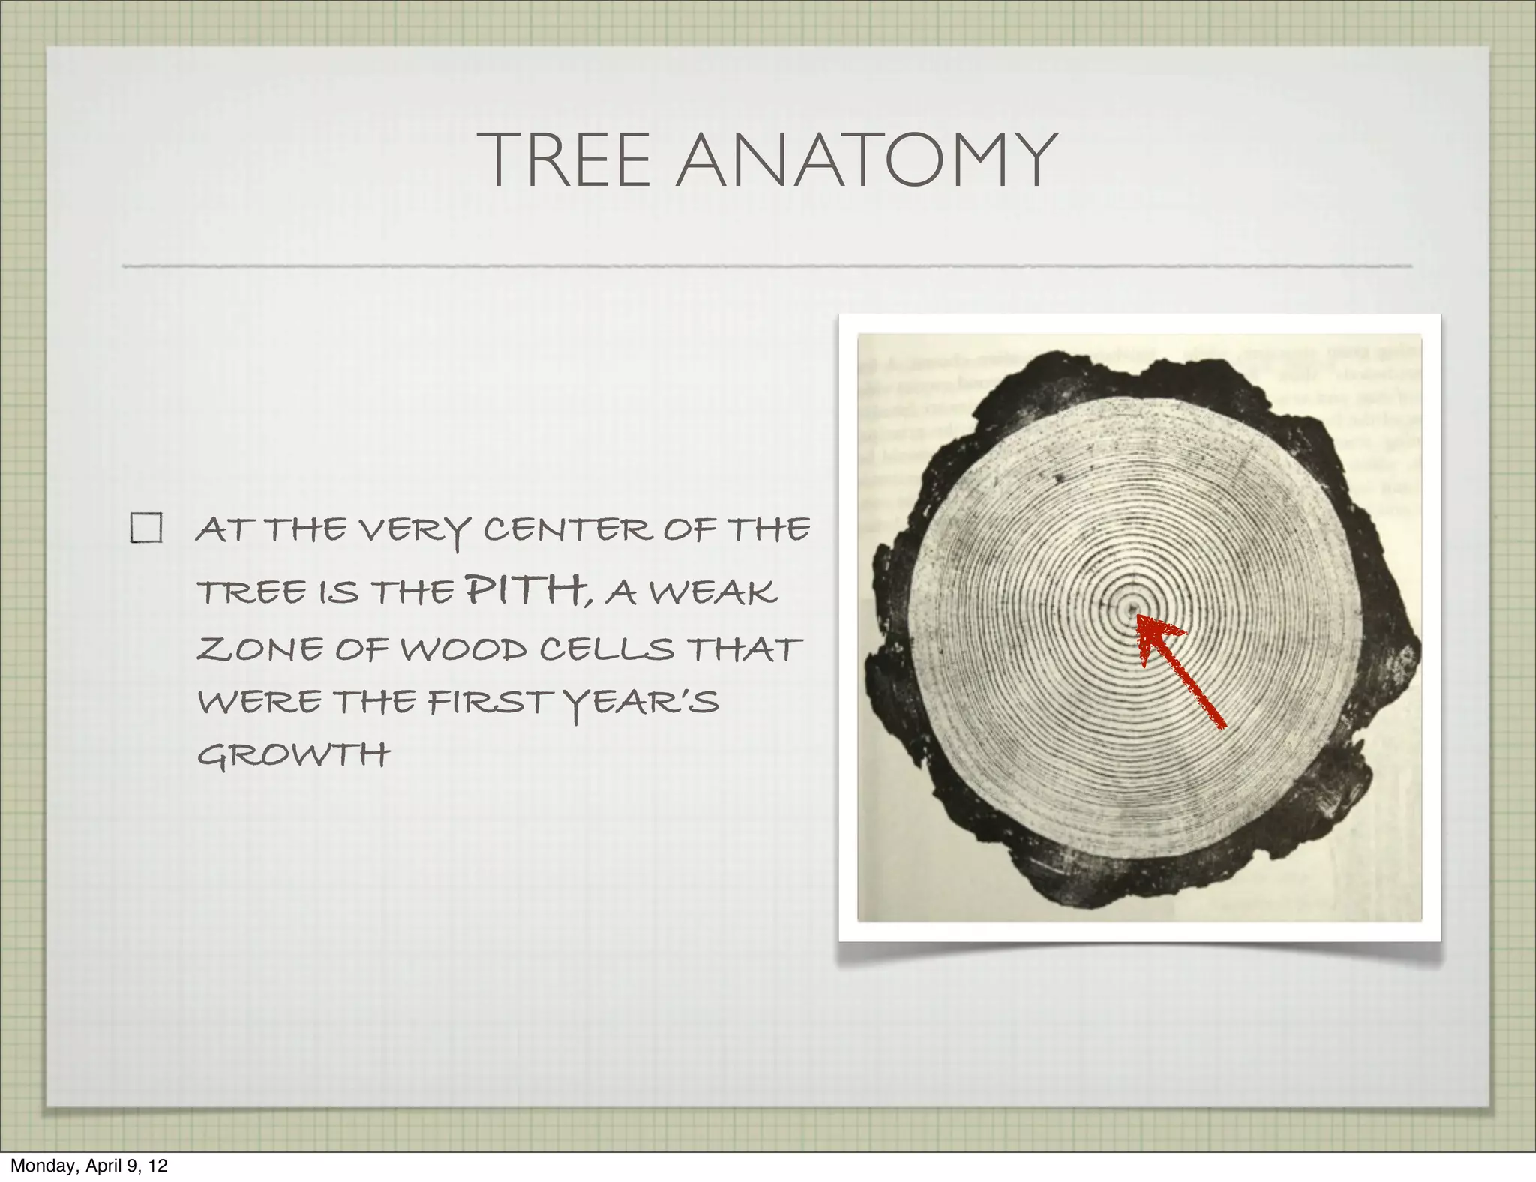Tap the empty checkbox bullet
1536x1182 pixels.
(146, 528)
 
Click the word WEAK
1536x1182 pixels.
(712, 592)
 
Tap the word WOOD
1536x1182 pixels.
(464, 649)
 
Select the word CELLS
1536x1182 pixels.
(607, 649)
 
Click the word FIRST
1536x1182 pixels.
(489, 703)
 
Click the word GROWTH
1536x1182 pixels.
(293, 754)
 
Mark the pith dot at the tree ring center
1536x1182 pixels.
(1132, 610)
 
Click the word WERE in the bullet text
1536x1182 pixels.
(259, 703)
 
